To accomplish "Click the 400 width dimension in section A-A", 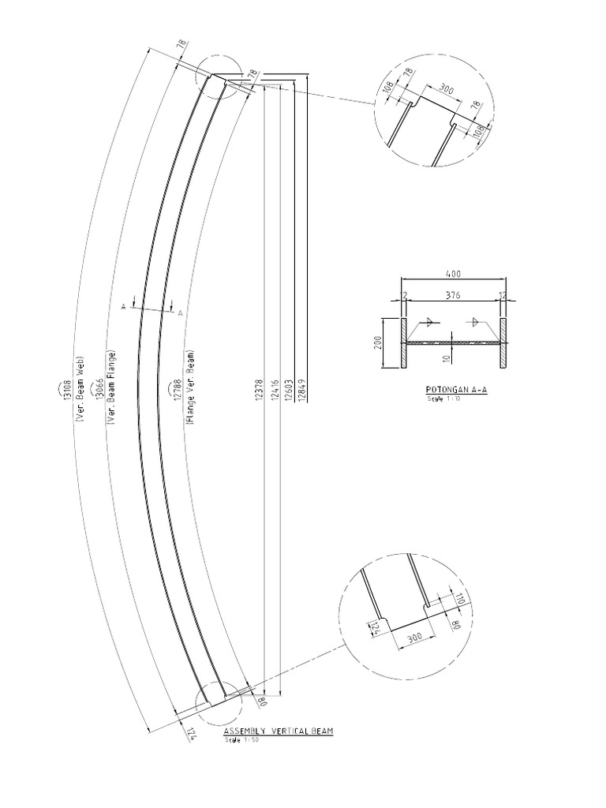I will [x=453, y=274].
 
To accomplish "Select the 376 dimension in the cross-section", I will [x=453, y=294].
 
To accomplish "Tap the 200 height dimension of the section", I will [x=378, y=343].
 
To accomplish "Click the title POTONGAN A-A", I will [x=455, y=390].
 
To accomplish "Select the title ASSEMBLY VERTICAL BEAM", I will [x=278, y=731].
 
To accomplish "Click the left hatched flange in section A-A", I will [x=402, y=343].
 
